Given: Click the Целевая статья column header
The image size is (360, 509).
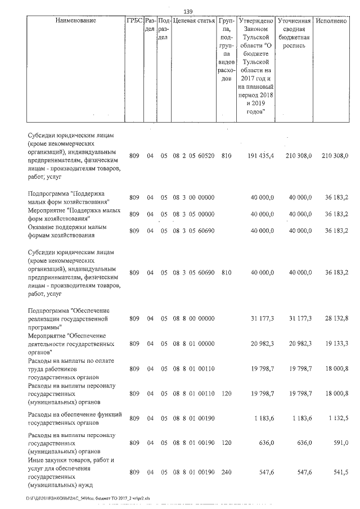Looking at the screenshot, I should (193, 21).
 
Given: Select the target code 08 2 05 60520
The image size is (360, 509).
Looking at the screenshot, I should (193, 155).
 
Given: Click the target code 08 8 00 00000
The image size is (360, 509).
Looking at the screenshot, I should (193, 318).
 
